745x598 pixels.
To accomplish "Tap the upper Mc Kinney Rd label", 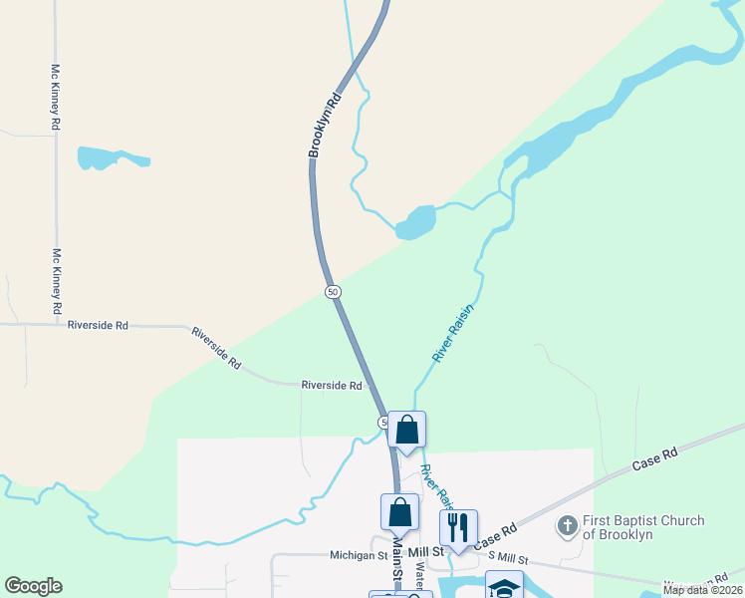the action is (x=56, y=98).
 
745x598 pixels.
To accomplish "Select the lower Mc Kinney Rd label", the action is (x=57, y=278).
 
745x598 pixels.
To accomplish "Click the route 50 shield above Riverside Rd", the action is (x=333, y=291).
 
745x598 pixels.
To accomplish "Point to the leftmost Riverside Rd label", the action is (x=98, y=325).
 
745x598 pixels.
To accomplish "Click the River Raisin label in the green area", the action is (x=453, y=334).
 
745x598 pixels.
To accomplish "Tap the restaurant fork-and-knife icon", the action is (x=458, y=527).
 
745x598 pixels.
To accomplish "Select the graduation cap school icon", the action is (x=504, y=587).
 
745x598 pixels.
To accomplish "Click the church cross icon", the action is (x=568, y=525).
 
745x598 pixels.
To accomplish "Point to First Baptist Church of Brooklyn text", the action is (x=643, y=527).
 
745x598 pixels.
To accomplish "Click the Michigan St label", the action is (x=359, y=555).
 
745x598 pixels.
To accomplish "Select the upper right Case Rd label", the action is (x=655, y=458).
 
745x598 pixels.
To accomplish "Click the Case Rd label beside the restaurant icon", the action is (x=496, y=537).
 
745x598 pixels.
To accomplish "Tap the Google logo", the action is (x=33, y=586).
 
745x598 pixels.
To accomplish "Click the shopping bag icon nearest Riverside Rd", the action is (x=406, y=430).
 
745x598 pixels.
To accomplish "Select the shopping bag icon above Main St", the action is (x=399, y=511).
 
